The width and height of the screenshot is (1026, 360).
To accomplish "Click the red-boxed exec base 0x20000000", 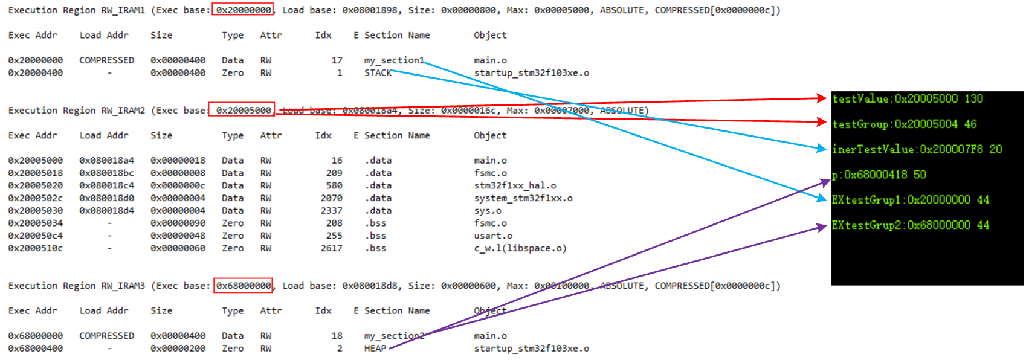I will (243, 10).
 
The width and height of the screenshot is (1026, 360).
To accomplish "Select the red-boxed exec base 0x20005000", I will (242, 110).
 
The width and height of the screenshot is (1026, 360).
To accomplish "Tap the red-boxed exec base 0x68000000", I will (243, 285).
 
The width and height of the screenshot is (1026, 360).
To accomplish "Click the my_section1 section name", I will (394, 60).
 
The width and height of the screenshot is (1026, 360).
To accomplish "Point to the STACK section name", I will (378, 73).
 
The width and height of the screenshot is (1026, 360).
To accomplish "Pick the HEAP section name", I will (375, 349).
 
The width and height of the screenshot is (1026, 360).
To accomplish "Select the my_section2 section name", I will (394, 336).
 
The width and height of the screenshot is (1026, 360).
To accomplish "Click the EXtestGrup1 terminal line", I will (910, 200).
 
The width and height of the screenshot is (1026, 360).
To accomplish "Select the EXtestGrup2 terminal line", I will (910, 225).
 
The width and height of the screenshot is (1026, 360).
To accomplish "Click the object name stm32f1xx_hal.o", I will (515, 185).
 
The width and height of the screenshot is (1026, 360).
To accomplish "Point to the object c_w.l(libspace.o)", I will (520, 248).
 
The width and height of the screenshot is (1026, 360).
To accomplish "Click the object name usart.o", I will (493, 236).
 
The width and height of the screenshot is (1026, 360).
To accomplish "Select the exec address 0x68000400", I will (35, 349).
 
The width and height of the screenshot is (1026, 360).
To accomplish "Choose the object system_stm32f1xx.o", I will (523, 198).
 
